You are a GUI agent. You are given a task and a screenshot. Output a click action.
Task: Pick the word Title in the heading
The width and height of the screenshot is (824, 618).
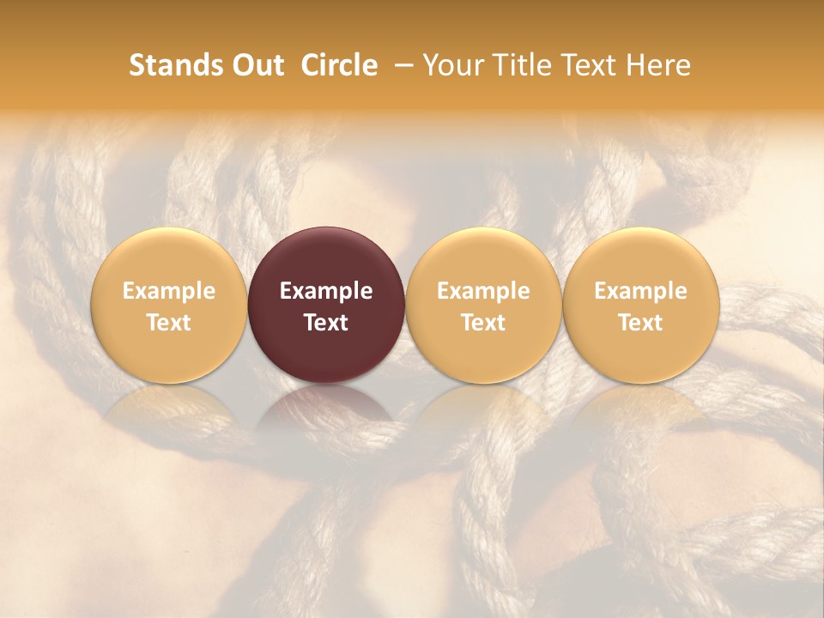tap(518, 65)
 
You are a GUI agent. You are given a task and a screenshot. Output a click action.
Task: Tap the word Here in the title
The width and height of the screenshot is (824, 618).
tap(658, 65)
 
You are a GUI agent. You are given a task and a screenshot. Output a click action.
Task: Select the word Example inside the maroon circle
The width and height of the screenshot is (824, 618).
tap(326, 291)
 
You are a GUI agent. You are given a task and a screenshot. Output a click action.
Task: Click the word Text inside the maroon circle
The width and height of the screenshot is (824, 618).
tap(326, 323)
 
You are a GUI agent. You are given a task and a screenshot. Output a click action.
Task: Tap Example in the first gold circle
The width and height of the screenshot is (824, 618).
tap(168, 291)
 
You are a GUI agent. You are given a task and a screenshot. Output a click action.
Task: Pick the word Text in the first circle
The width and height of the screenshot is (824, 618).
tap(168, 323)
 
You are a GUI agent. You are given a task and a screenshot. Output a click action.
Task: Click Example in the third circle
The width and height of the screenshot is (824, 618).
tap(483, 291)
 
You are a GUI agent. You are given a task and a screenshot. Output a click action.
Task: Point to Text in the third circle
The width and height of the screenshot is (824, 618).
tap(483, 323)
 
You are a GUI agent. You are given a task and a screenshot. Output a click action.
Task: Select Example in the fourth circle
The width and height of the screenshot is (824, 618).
tap(640, 291)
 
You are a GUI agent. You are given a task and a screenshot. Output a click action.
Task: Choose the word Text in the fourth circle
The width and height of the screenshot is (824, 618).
tap(640, 323)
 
